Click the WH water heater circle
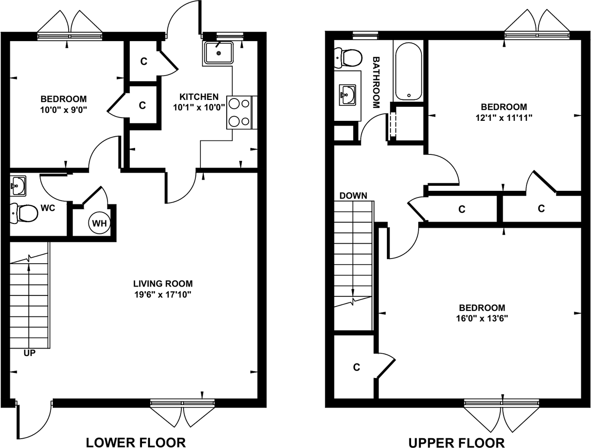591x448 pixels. pos(100,223)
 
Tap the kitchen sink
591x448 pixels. pos(218,53)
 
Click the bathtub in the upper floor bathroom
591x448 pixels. pos(408,71)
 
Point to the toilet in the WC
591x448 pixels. pos(24,214)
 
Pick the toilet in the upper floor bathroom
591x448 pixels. pos(348,57)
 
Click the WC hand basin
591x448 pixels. pos(18,186)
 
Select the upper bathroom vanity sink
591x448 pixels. pos(347,95)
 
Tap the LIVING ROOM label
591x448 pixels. pos(163,284)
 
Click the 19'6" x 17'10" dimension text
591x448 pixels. pos(163,295)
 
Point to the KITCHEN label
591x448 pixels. pos(199,97)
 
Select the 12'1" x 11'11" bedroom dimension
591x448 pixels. pos(504,118)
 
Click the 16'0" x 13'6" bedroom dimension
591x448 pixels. pos(482,318)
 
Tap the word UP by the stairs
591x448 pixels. pos(29,353)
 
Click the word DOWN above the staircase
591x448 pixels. pos(353,196)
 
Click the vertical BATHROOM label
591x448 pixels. pos(376,82)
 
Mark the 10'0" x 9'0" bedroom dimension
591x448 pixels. pos(64,110)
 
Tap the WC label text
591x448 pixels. pos(48,208)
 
